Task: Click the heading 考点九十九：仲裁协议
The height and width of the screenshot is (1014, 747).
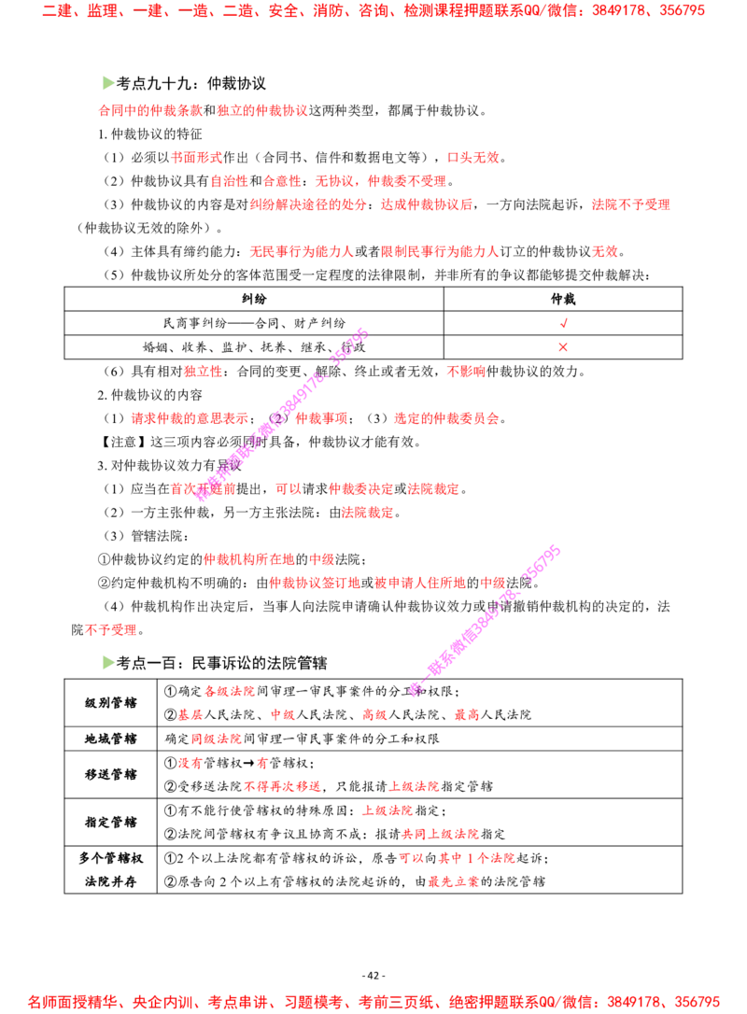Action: pyautogui.click(x=190, y=83)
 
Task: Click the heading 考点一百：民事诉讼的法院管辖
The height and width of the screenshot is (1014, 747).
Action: pyautogui.click(x=221, y=663)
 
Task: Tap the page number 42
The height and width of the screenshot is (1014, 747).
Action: pyautogui.click(x=373, y=975)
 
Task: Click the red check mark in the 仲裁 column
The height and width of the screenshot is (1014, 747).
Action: pyautogui.click(x=563, y=323)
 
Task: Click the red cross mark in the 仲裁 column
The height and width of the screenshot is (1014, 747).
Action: pyautogui.click(x=563, y=347)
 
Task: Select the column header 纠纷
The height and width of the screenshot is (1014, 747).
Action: pyautogui.click(x=254, y=299)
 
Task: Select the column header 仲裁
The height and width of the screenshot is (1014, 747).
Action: pyautogui.click(x=563, y=299)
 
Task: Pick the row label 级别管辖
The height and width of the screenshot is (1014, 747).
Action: pyautogui.click(x=110, y=703)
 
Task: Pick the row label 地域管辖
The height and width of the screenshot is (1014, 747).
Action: pyautogui.click(x=110, y=739)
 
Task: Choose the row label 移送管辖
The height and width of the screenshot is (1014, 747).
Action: pyautogui.click(x=110, y=774)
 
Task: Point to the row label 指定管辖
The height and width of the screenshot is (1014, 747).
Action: pyautogui.click(x=110, y=822)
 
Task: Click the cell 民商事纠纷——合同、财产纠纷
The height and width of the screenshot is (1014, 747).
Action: pyautogui.click(x=254, y=323)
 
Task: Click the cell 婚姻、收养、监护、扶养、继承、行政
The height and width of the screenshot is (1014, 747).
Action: pyautogui.click(x=254, y=347)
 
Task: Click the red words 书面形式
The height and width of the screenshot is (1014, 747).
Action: pyautogui.click(x=196, y=157)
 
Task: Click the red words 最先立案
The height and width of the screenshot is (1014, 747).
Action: pyautogui.click(x=454, y=881)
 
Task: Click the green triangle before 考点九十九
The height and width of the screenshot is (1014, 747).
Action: pyautogui.click(x=108, y=83)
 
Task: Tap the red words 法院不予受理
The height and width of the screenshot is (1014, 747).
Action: pyautogui.click(x=630, y=204)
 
